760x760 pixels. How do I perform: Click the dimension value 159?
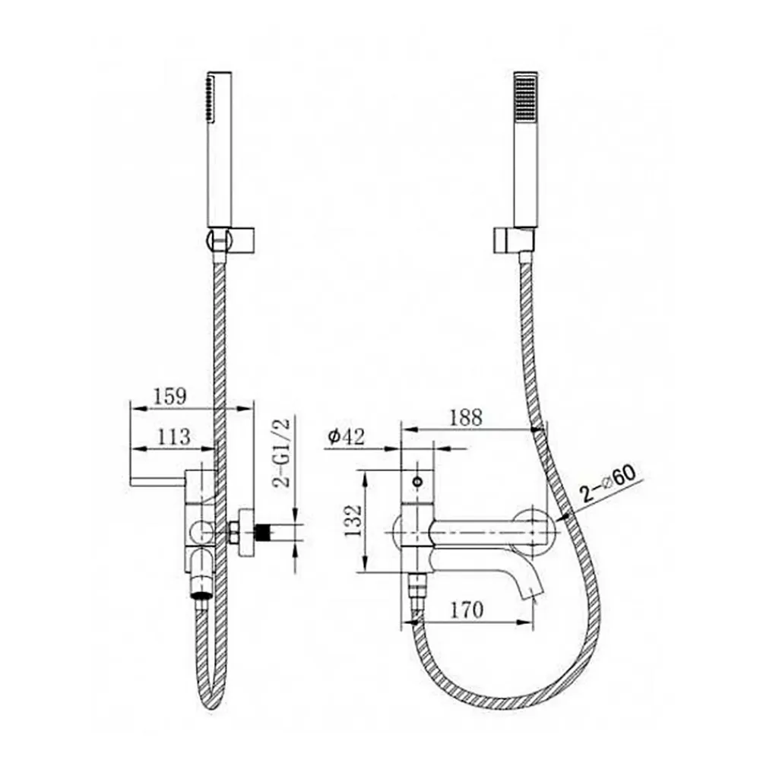point(169,396)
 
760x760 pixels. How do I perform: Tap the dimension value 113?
point(173,437)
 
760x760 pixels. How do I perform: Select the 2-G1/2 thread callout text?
point(281,452)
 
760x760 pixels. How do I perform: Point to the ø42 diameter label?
point(346,437)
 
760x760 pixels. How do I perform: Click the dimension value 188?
point(467,417)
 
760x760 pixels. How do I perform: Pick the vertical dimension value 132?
point(354,521)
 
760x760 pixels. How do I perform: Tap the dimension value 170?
point(467,610)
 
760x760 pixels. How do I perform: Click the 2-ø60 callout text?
point(609,483)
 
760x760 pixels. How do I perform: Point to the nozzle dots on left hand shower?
point(210,98)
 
